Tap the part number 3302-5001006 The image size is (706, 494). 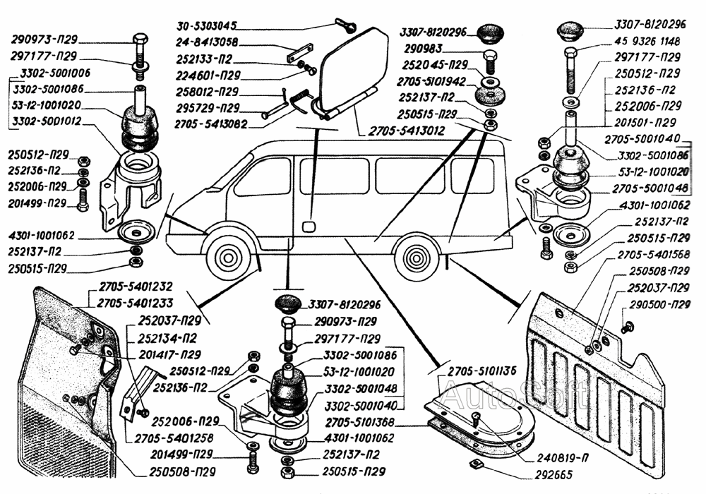point(56,73)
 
